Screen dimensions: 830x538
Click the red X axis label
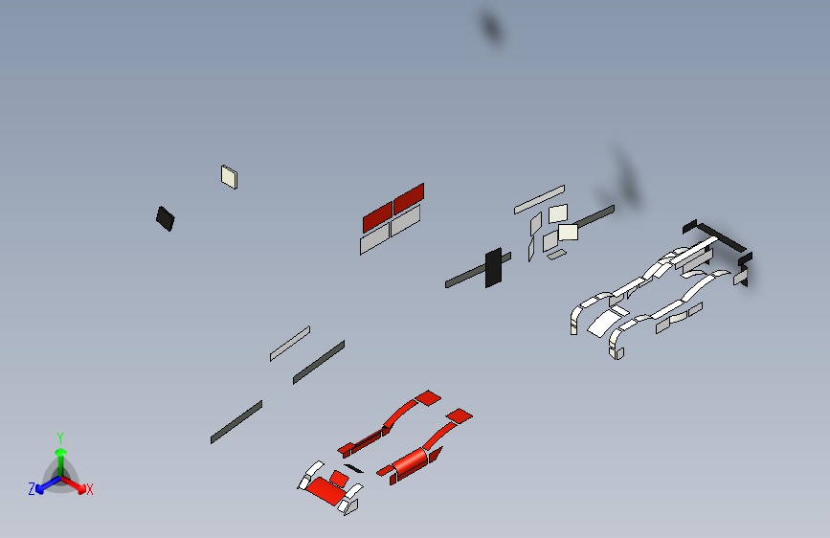[x=89, y=489]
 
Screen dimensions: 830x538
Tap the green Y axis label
[x=60, y=437]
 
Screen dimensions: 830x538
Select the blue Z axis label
[x=32, y=489]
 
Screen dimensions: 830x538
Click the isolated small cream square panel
[x=229, y=177]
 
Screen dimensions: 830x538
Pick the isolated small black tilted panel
[x=166, y=218]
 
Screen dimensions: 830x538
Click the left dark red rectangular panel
[x=377, y=216]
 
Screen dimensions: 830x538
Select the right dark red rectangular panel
[x=409, y=198]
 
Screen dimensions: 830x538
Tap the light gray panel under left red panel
[x=374, y=238]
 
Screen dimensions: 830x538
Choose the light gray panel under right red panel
[x=406, y=221]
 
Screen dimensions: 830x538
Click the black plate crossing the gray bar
[x=493, y=268]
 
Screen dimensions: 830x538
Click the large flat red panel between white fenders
[x=323, y=490]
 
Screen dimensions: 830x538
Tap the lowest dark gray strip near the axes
[x=236, y=422]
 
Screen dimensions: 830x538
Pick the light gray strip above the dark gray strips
[x=290, y=344]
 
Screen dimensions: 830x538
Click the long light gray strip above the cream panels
[x=539, y=200]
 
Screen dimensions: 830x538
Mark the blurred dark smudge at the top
[x=491, y=27]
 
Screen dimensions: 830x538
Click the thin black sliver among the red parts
[x=353, y=469]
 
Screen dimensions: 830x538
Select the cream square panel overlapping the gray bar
[x=568, y=232]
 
